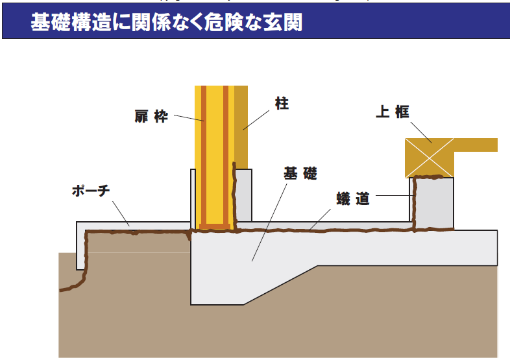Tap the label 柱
point(282,104)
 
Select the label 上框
point(393,112)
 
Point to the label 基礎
point(300,173)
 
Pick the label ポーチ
point(91,191)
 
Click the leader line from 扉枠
point(188,119)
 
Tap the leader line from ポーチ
point(121,213)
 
